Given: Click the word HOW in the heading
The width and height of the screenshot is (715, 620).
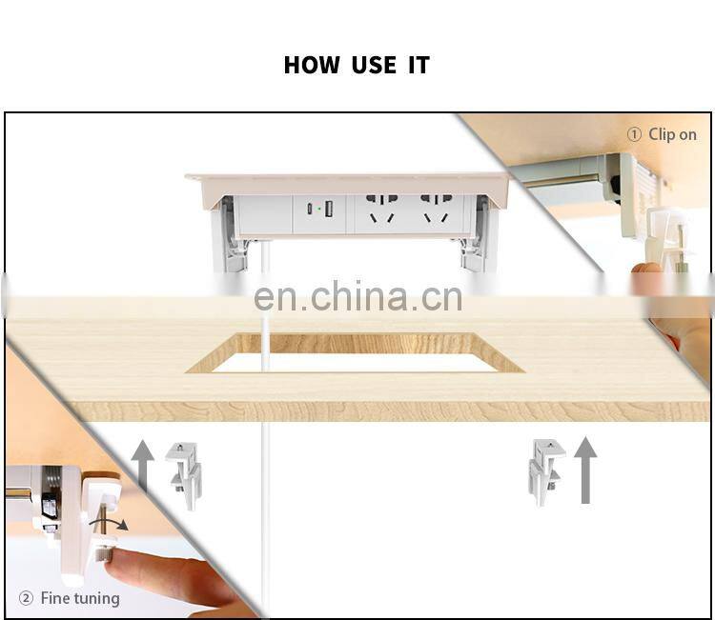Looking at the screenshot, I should pyautogui.click(x=312, y=66).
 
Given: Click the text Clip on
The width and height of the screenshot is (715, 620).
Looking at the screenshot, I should pyautogui.click(x=672, y=134).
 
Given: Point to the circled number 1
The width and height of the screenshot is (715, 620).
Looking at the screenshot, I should pyautogui.click(x=635, y=134).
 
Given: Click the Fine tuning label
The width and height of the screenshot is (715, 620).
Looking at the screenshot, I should pyautogui.click(x=80, y=598).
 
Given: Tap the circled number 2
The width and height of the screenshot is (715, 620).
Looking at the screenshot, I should pyautogui.click(x=26, y=598).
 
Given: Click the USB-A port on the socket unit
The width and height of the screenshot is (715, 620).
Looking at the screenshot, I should pyautogui.click(x=328, y=209).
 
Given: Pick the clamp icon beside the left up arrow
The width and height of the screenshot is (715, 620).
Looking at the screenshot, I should pyautogui.click(x=183, y=471).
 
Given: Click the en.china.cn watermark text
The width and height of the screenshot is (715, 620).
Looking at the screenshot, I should pyautogui.click(x=357, y=297).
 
